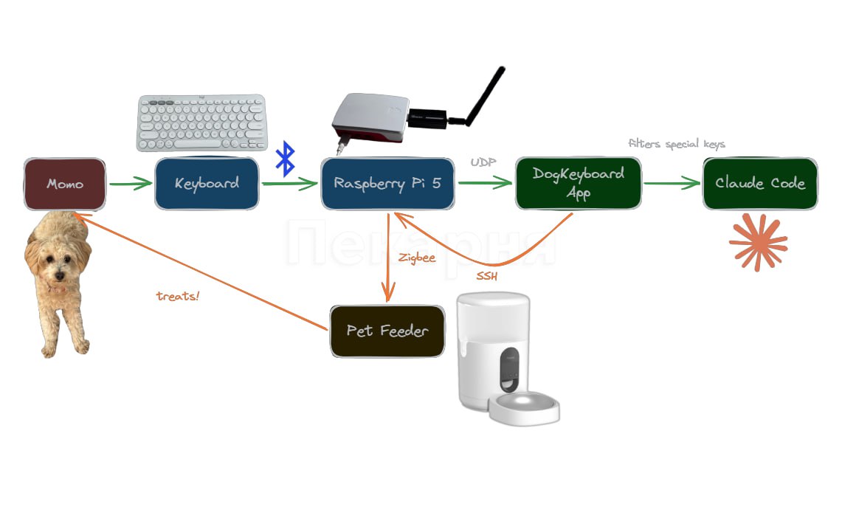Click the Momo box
65,184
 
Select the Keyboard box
207,183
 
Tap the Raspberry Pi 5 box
387,183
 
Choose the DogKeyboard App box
578,183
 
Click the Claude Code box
760,183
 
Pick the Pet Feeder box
387,331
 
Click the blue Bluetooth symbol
285,159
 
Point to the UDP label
483,162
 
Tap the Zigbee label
417,258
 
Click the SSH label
487,277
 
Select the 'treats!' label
178,296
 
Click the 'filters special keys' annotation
676,144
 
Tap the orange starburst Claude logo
758,242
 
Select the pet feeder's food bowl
526,408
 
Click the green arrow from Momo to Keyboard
130,184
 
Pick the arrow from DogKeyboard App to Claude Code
672,183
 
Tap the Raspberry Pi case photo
369,118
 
